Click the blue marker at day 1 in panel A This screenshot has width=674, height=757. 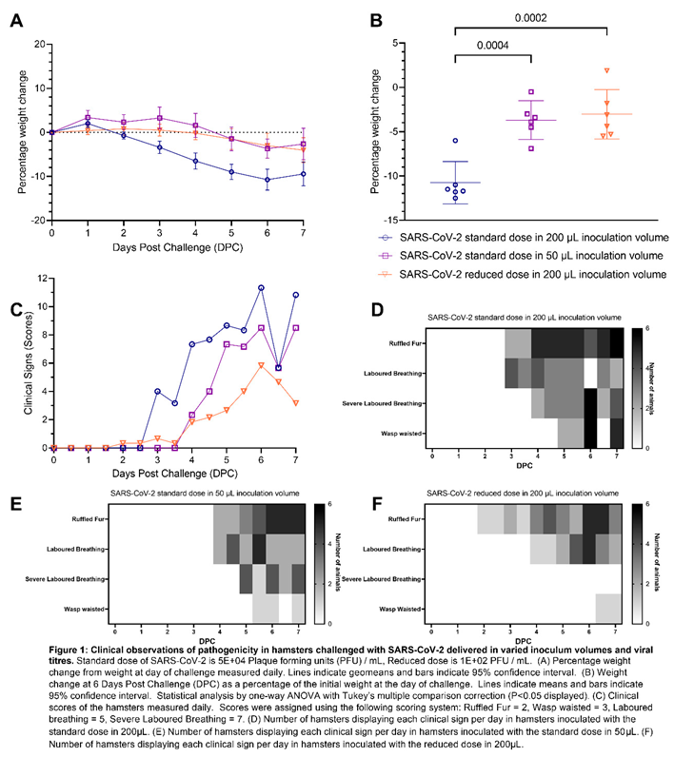[88, 124]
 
